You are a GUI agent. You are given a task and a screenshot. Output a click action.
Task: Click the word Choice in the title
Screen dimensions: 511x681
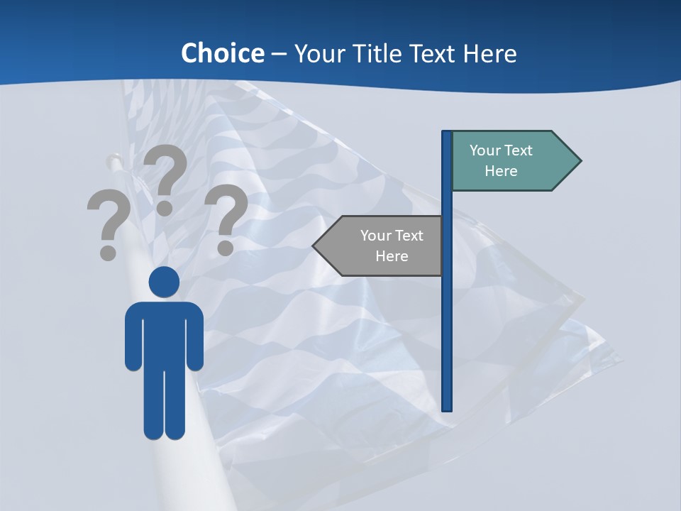point(222,53)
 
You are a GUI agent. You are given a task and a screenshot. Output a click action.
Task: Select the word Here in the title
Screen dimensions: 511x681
point(490,53)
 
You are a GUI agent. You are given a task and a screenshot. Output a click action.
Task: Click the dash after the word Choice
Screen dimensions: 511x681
point(279,55)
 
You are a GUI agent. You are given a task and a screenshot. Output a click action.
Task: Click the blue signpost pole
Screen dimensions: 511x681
point(447,319)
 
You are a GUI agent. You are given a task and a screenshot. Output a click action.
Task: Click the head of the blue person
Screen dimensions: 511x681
point(164,282)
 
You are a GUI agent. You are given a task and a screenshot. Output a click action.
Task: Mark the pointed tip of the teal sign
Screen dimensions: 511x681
point(580,161)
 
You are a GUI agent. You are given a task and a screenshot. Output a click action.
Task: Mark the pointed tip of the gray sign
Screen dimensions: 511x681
point(314,246)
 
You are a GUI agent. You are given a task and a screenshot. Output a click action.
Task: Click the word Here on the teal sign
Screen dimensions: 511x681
point(501,171)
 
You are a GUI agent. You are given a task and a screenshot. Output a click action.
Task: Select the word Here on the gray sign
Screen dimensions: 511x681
point(392,256)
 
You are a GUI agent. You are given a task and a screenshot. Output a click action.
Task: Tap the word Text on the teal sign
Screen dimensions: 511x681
point(519,150)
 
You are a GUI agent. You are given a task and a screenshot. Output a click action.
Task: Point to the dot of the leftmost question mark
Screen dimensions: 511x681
point(108,252)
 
